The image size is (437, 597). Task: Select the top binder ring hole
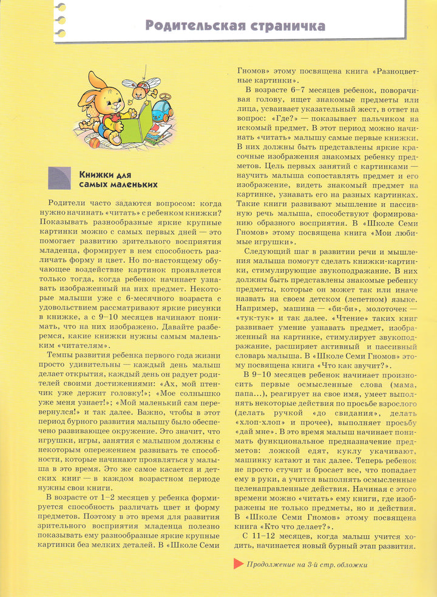tap(60, 7)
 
